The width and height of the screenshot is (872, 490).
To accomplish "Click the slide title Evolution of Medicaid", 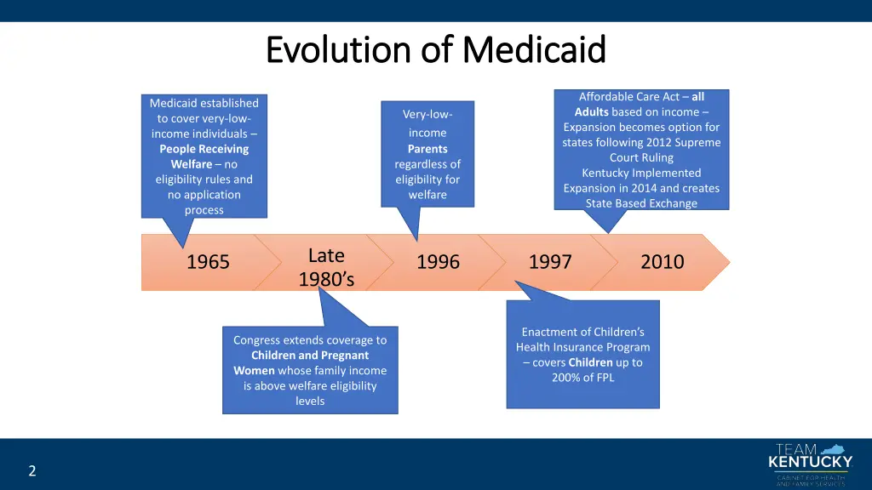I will (435, 49).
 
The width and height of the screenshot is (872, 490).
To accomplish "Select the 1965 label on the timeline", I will (208, 262).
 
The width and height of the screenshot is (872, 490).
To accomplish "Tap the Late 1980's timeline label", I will (326, 266).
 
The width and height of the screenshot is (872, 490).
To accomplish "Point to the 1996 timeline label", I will (438, 262).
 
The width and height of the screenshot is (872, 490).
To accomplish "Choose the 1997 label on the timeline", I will (550, 262).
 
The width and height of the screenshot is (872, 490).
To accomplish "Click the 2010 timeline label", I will (662, 262).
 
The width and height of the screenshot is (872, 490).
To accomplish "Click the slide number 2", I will (32, 470).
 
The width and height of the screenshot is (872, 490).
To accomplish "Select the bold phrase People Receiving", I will (204, 149).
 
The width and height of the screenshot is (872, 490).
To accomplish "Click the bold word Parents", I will (427, 149).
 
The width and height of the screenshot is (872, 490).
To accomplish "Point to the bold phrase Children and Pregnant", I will (310, 355).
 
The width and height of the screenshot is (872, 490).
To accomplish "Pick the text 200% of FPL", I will (582, 378).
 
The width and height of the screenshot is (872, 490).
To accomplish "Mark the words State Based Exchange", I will (641, 203).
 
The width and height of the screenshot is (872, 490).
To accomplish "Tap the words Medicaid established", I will (204, 103).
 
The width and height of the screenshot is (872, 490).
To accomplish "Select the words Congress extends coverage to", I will (310, 339).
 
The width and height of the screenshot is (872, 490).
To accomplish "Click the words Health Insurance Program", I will (582, 347).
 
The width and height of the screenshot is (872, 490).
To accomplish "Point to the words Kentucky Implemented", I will (641, 173).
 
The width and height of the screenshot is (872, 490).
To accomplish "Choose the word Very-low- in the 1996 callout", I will (427, 114).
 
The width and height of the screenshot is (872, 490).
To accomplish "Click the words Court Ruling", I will (641, 157).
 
